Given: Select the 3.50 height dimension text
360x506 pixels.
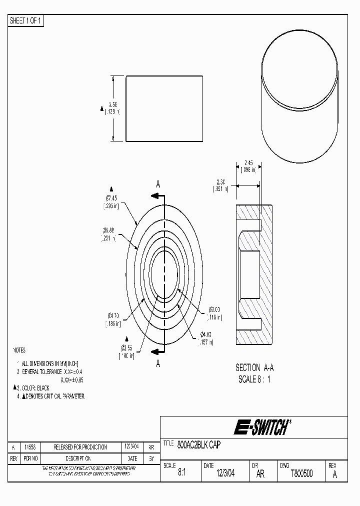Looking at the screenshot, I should pos(113,105).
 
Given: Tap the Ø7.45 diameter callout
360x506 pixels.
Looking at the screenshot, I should pos(111,197).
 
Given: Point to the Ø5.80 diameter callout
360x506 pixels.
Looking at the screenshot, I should pos(109,230).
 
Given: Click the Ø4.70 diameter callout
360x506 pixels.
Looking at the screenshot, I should pos(112,315).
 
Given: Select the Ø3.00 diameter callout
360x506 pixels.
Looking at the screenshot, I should pos(214,309).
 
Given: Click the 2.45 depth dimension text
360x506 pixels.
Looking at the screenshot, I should pos(249,162).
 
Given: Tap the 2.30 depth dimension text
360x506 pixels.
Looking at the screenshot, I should pos(221,181).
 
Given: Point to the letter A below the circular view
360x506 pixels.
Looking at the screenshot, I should pos(158,363).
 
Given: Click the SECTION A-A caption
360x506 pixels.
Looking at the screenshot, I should pos(254,367).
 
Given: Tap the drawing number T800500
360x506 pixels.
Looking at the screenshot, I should pos(301,473).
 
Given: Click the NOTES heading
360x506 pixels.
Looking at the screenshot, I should pos(18,350).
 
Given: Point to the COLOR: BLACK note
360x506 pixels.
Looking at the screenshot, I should pos(35,387).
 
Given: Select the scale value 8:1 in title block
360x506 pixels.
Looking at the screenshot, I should pos(181,473).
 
